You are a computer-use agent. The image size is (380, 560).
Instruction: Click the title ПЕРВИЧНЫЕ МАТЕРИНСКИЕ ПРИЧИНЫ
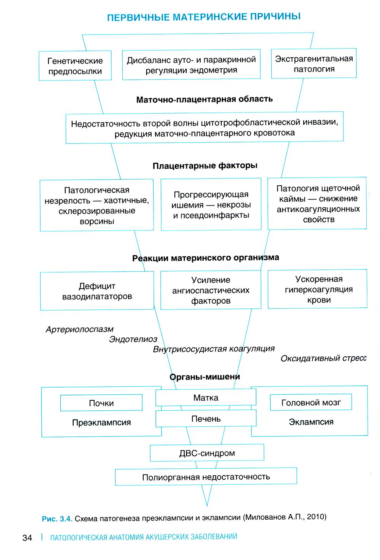tap(204, 17)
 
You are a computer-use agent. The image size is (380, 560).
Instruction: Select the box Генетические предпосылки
tap(75, 66)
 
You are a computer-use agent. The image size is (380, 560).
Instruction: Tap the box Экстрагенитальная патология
tap(314, 64)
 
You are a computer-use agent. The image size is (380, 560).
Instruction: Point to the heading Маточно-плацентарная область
tap(204, 100)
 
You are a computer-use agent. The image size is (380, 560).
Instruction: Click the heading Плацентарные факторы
tap(205, 166)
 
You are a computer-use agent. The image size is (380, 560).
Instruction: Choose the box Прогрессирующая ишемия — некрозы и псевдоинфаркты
tap(211, 205)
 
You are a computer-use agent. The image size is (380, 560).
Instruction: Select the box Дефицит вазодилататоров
tap(97, 291)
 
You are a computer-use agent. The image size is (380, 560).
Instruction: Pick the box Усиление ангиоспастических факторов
tap(211, 290)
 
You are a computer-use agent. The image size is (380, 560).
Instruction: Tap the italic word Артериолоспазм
tap(79, 329)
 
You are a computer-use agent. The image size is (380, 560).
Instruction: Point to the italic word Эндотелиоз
tap(133, 339)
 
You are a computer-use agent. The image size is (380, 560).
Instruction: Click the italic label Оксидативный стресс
tap(323, 359)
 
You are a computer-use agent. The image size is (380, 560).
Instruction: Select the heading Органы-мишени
tap(205, 377)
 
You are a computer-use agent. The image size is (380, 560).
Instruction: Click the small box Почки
tap(101, 403)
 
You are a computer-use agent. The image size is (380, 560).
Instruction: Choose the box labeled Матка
tap(206, 398)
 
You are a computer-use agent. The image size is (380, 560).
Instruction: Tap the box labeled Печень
tap(206, 419)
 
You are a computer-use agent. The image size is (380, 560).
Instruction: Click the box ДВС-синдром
tap(207, 453)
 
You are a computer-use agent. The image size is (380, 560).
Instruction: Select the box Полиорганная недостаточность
tap(206, 477)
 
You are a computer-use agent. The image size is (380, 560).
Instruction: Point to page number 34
tap(27, 538)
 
